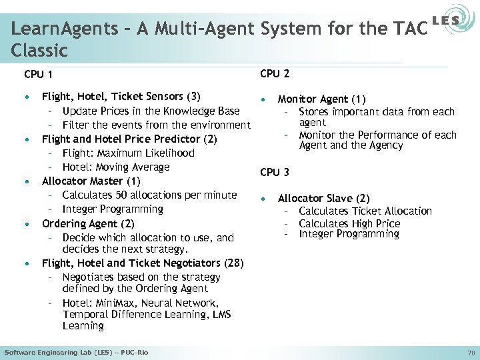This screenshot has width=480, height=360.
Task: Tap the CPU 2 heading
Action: (275, 73)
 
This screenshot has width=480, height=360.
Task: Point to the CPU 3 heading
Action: (275, 172)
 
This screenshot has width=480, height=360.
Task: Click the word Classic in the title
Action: (40, 50)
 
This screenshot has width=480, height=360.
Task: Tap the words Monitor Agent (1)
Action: (321, 99)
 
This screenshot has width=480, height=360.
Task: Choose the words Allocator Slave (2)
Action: (323, 198)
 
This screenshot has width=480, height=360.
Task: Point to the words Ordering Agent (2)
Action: (88, 223)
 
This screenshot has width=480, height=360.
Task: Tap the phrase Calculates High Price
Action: (349, 223)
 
